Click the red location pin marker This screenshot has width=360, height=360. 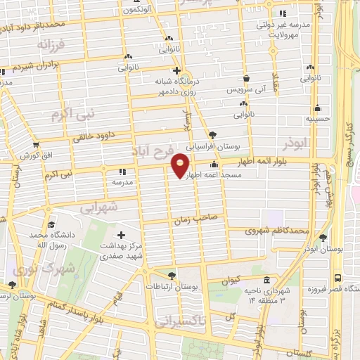coord(181,165)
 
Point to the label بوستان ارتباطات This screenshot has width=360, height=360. coord(172,287)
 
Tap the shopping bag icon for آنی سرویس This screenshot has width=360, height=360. coord(247,79)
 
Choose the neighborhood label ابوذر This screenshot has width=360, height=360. coord(296,146)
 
